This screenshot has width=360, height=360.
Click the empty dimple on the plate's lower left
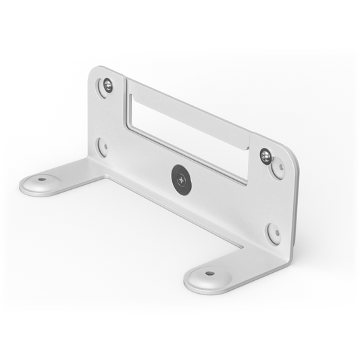tap(103, 145)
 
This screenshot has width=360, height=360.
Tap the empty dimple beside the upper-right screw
tap(277, 169)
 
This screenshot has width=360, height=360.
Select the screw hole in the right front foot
tap(209, 274)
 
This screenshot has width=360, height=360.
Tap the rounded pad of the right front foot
tap(207, 277)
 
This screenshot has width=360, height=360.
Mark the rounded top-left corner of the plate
tap(98, 70)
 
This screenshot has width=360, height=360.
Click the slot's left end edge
tap(129, 108)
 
